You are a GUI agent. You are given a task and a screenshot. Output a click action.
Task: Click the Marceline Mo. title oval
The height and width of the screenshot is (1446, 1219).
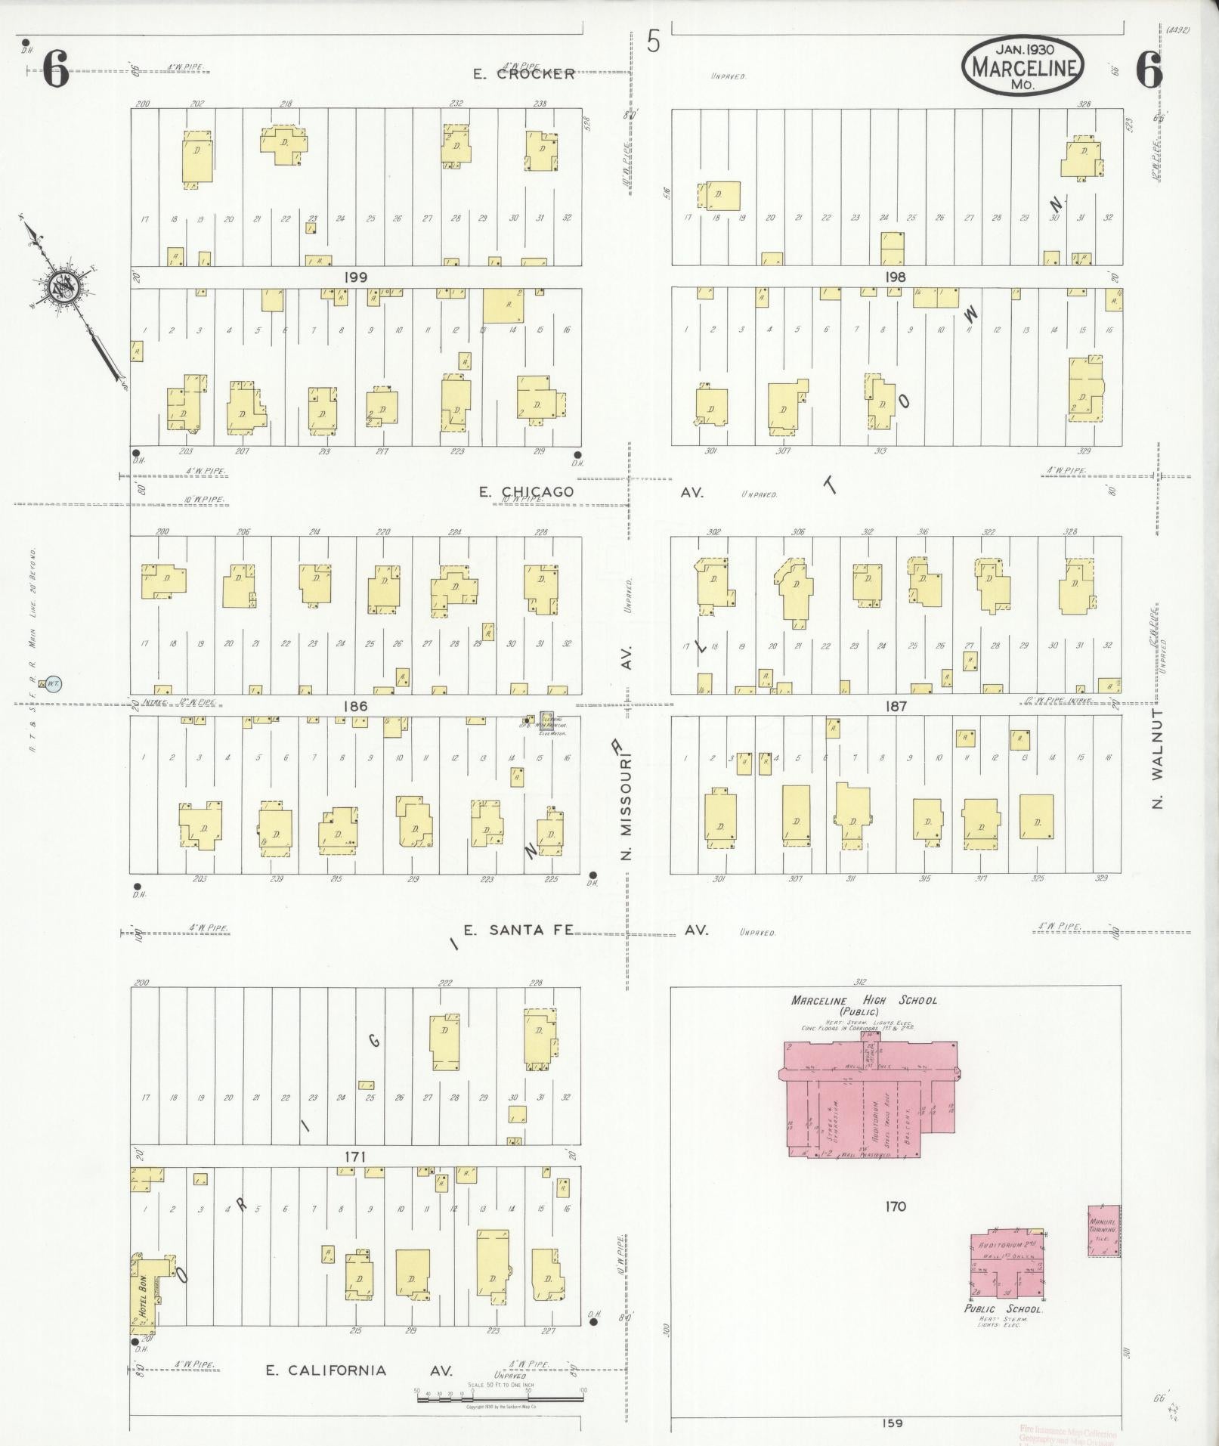tap(1023, 66)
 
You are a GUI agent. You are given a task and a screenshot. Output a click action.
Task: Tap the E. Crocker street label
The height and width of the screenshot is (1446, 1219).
tap(524, 74)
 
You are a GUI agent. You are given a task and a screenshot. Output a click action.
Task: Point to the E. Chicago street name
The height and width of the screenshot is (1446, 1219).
tap(527, 492)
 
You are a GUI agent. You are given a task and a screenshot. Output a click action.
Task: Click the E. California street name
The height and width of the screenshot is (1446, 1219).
tap(326, 1370)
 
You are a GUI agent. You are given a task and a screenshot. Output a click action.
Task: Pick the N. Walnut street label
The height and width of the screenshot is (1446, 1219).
tap(1158, 758)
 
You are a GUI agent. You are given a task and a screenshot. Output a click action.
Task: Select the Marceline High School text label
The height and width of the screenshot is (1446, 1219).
tap(864, 1000)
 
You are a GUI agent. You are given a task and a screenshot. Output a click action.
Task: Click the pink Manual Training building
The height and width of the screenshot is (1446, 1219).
tap(1103, 1231)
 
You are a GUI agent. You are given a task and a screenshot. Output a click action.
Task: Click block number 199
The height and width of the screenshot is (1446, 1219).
tap(355, 277)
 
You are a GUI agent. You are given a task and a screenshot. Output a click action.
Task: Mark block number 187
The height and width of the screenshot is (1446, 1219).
tap(895, 706)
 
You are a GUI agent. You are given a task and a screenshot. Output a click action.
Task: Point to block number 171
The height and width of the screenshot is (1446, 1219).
tap(355, 1156)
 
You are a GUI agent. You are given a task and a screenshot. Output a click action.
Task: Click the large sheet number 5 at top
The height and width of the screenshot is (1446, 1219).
tap(653, 42)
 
